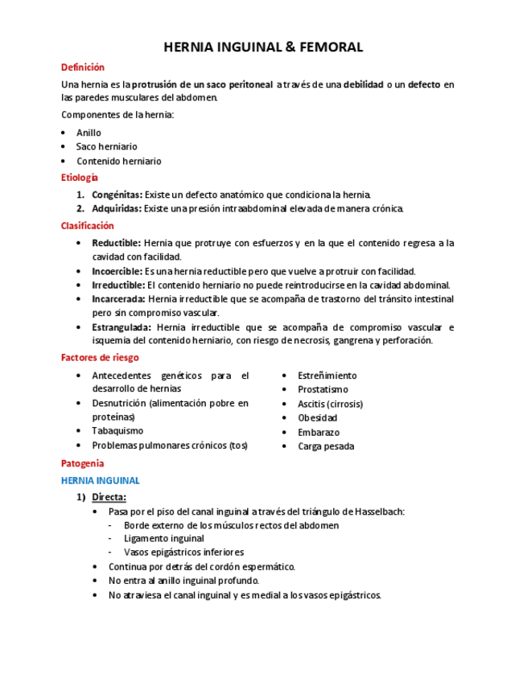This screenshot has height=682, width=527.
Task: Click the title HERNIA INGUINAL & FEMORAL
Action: [263, 47]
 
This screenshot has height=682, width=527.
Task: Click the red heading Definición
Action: [83, 68]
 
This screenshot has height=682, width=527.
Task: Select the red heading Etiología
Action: [80, 177]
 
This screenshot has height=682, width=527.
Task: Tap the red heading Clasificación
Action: [88, 226]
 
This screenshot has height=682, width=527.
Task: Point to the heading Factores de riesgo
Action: [100, 357]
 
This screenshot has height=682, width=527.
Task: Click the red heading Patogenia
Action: [83, 463]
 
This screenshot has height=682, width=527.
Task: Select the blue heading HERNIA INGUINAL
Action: [101, 480]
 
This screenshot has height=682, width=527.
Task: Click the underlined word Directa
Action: [109, 497]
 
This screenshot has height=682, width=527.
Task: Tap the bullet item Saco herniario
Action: [106, 146]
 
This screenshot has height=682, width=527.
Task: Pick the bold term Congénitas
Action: [117, 195]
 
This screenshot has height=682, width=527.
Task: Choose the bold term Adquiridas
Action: [117, 209]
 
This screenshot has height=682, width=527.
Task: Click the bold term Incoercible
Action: [117, 271]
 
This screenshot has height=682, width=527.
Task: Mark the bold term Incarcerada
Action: [118, 299]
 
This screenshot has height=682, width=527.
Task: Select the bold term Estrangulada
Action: [121, 327]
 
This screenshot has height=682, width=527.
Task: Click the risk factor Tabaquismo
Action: [117, 431]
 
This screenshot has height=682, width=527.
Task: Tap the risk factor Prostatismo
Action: [323, 389]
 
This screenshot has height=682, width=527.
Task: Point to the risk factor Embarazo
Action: [319, 432]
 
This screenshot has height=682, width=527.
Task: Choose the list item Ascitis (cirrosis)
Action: [330, 404]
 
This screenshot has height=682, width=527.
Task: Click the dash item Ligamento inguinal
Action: [164, 538]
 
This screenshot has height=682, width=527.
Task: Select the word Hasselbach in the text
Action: [375, 511]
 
